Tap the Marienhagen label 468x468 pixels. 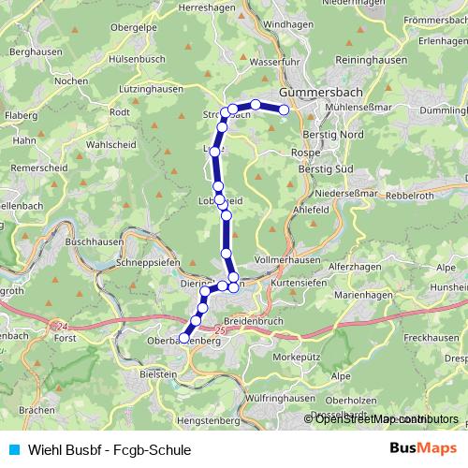363,295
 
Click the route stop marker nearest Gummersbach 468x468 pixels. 285,109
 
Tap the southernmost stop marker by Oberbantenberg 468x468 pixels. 184,334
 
